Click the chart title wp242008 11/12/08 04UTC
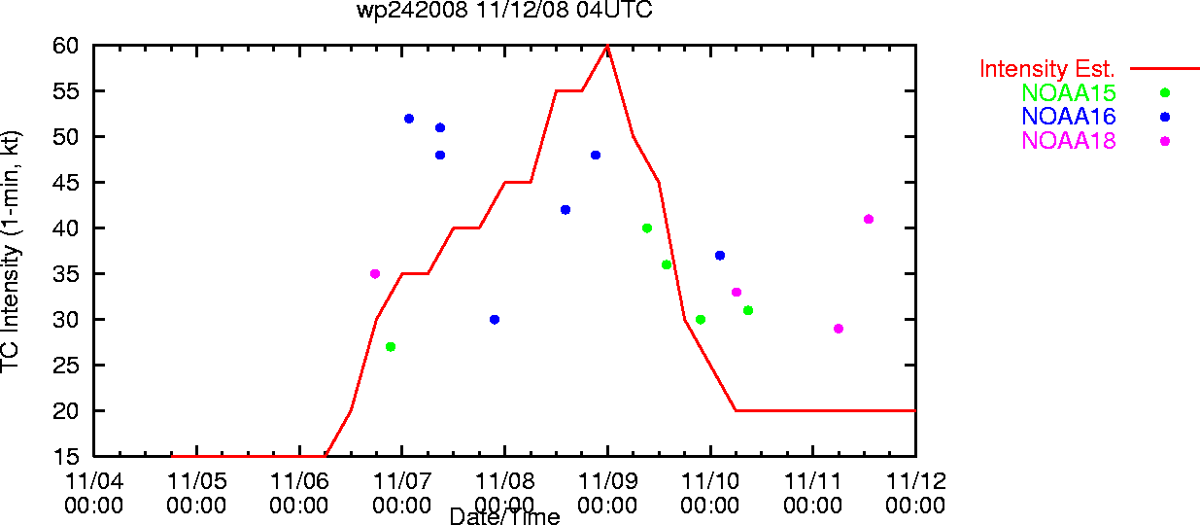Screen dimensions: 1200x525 point(504,10)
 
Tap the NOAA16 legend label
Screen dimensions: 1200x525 point(1069,117)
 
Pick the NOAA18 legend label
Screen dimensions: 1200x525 point(1069,141)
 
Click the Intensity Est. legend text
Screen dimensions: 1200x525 point(1047,69)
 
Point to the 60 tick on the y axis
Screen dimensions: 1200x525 point(65,46)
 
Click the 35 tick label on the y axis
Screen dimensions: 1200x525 point(65,274)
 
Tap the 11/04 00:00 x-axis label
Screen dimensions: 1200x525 point(93,493)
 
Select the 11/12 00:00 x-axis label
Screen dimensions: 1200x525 point(916,493)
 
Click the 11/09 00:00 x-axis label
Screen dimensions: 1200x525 point(607,493)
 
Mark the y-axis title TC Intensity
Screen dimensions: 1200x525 point(11,252)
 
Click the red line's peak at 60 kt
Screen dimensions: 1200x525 point(607,46)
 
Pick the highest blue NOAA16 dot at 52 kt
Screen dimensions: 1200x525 point(409,119)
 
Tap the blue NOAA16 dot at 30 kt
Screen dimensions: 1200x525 point(495,320)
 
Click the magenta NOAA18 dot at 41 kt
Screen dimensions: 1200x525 point(869,219)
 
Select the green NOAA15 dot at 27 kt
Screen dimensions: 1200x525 point(391,347)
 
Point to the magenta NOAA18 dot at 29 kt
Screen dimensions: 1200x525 point(839,329)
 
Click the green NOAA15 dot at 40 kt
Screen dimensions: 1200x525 point(647,228)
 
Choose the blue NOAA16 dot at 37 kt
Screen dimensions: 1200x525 point(720,256)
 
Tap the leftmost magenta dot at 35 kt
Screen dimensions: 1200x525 point(375,274)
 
